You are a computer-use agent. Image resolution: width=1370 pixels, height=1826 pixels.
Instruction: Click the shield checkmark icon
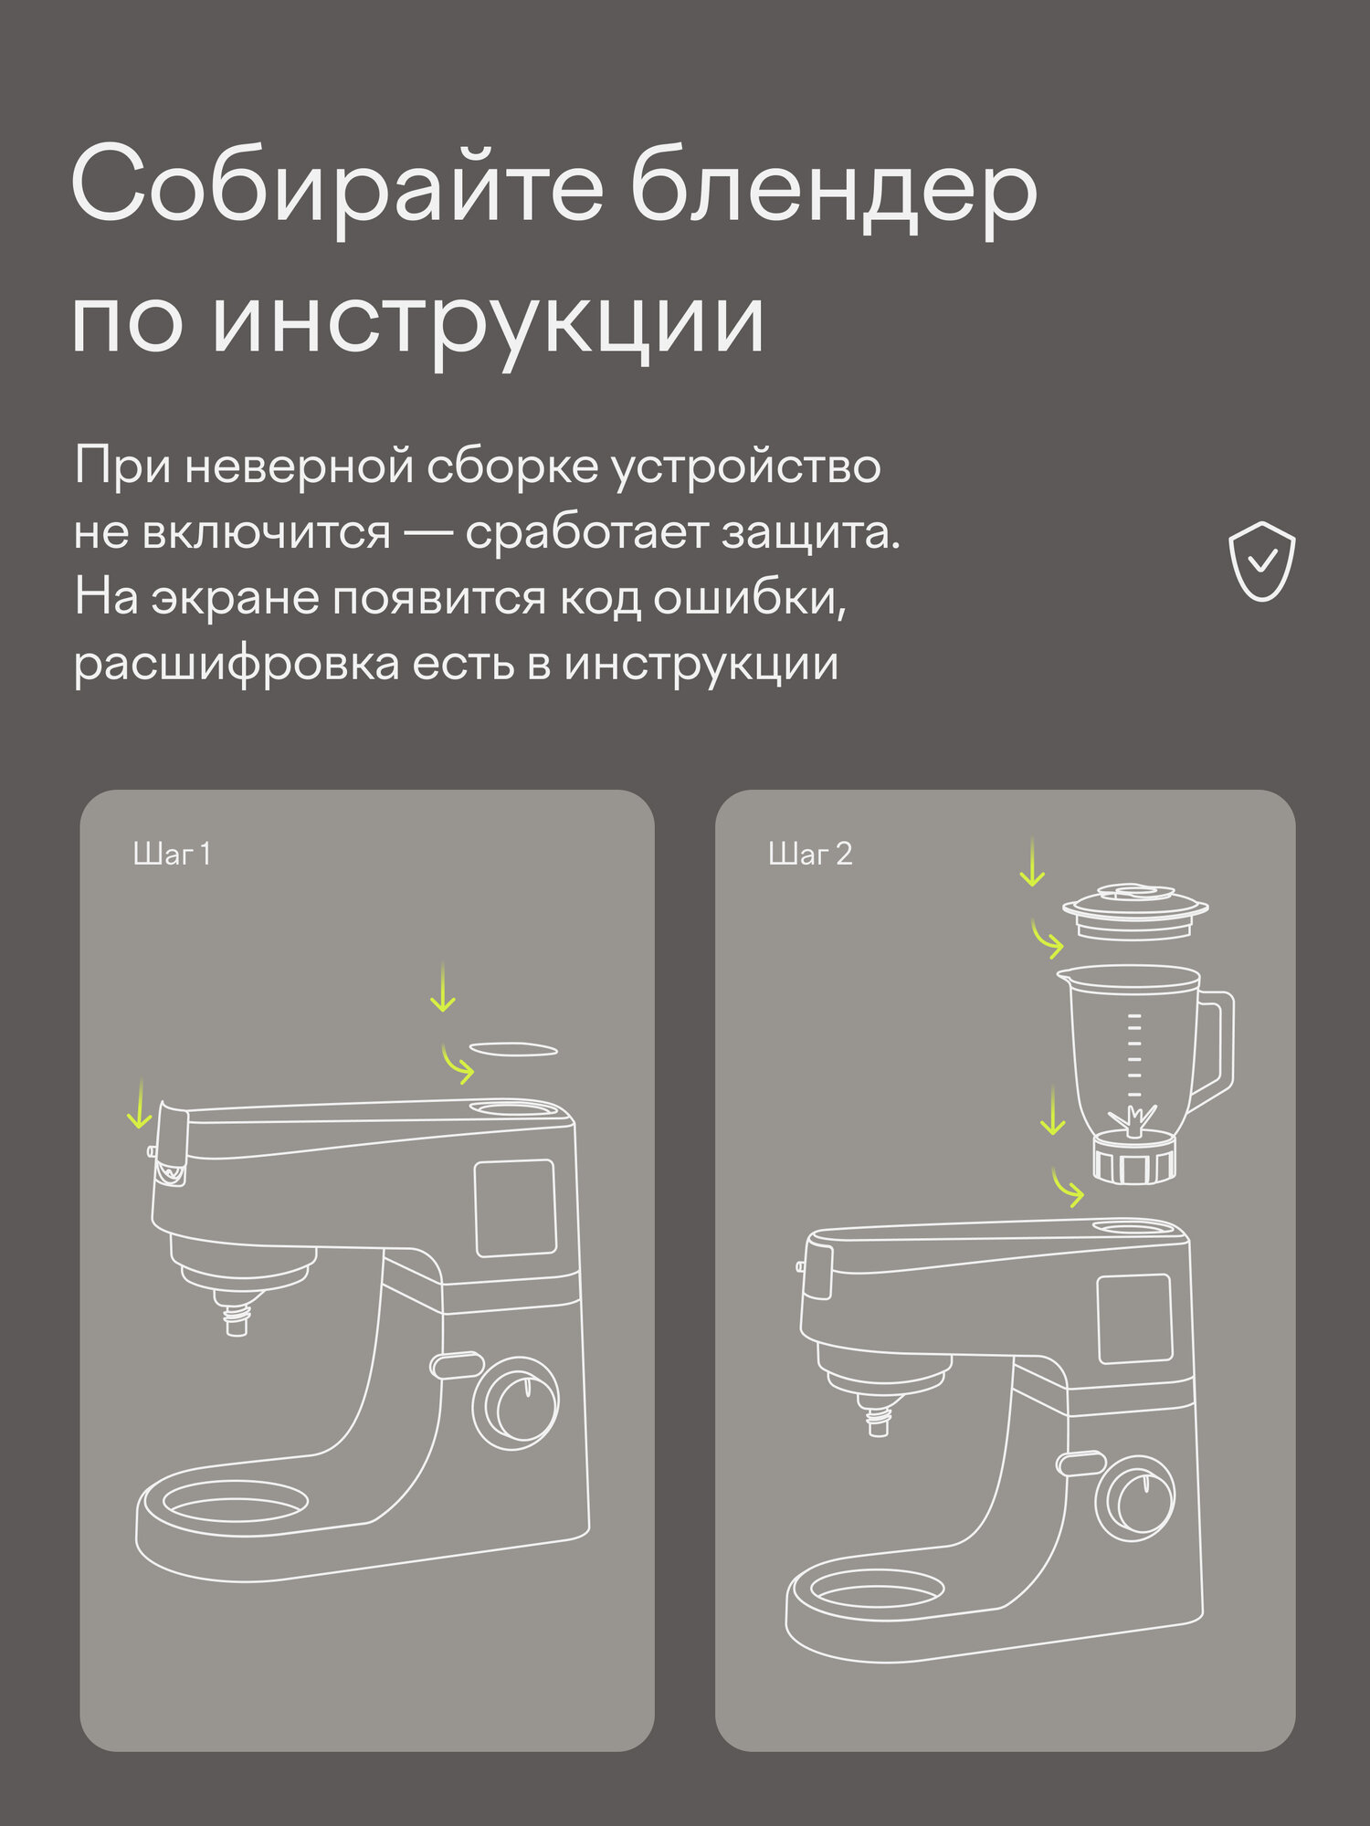tap(1261, 561)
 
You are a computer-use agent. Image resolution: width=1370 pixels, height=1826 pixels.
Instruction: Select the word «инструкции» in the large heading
tap(488, 324)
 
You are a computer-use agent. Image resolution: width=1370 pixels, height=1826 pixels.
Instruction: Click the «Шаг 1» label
tap(172, 855)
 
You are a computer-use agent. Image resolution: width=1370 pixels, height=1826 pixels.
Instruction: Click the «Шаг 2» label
tap(810, 855)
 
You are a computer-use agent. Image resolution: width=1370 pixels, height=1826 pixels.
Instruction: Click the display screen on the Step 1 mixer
tap(515, 1208)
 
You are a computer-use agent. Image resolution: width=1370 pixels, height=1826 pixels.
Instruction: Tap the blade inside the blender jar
tap(1133, 1120)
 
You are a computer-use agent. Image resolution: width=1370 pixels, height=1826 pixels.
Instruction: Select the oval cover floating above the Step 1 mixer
tap(512, 1049)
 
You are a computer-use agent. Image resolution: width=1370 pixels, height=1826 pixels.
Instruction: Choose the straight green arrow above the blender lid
tap(1032, 862)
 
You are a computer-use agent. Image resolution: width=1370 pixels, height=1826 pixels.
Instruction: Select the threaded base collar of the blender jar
tap(1133, 1159)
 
